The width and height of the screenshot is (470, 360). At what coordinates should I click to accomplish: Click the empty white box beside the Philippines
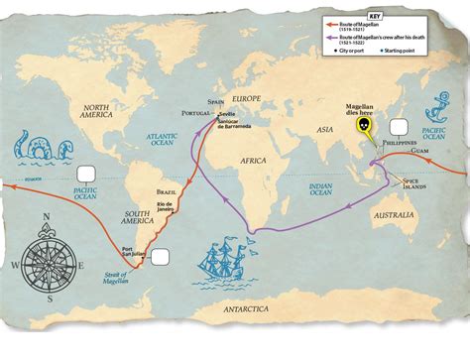point(400,127)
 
